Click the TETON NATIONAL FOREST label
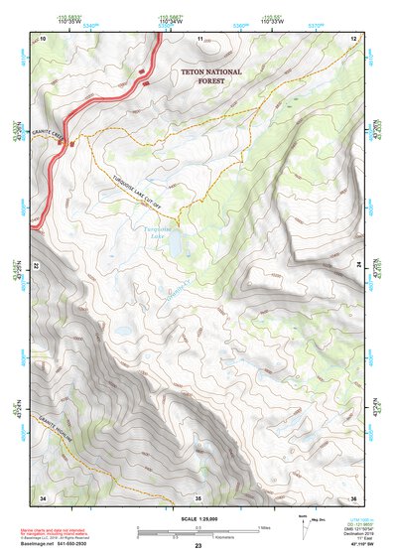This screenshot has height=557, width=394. click(203, 78)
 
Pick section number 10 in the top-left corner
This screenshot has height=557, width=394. click(43, 38)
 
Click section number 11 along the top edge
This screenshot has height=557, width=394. click(199, 38)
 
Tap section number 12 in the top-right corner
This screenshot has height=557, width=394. click(352, 38)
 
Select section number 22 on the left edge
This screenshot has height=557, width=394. click(39, 266)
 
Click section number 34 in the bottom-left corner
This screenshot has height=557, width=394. click(43, 496)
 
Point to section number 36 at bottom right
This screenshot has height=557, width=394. click(352, 496)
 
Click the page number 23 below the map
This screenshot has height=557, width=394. click(197, 547)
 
